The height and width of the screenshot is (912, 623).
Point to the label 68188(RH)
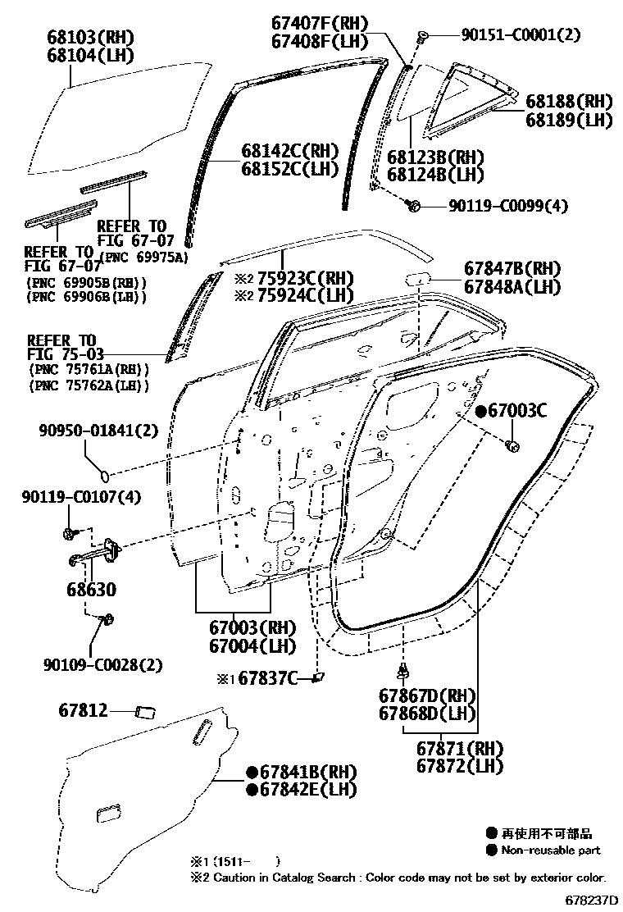(x=569, y=101)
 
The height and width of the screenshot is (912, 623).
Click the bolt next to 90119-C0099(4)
(x=415, y=205)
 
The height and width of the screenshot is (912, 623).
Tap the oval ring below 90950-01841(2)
(x=104, y=473)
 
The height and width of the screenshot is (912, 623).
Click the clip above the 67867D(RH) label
(x=403, y=672)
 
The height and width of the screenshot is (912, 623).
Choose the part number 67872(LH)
(x=459, y=767)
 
